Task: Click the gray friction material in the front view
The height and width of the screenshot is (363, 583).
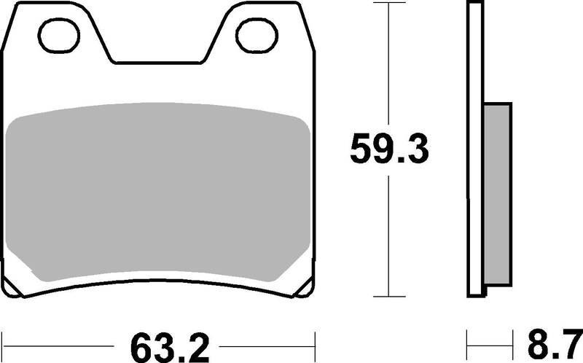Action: point(159,193)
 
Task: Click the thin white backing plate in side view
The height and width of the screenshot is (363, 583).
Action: point(474,146)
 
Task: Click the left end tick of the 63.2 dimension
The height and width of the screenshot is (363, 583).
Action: point(5,341)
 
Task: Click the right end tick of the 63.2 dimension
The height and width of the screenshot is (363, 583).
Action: point(315,341)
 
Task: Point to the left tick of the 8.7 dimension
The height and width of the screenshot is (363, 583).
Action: point(467,341)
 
